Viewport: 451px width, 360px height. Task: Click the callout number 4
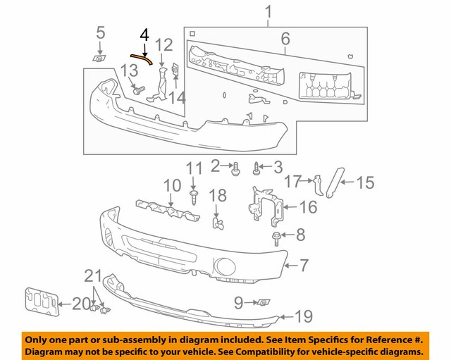(144, 35)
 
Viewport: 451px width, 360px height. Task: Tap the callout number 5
(100, 32)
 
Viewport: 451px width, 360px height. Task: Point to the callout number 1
(268, 11)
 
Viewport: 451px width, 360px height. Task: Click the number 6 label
(285, 39)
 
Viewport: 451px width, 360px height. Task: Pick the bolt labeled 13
(139, 90)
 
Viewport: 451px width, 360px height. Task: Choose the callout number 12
(163, 46)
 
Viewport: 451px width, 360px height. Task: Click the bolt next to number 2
(235, 168)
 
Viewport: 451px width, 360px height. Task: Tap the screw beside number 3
(258, 168)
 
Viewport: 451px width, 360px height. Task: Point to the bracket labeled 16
(266, 204)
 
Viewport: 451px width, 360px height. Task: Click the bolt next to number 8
(276, 236)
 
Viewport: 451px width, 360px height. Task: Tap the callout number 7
(304, 266)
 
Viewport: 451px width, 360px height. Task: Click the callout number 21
(94, 275)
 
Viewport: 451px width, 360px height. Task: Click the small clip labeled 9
(264, 303)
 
